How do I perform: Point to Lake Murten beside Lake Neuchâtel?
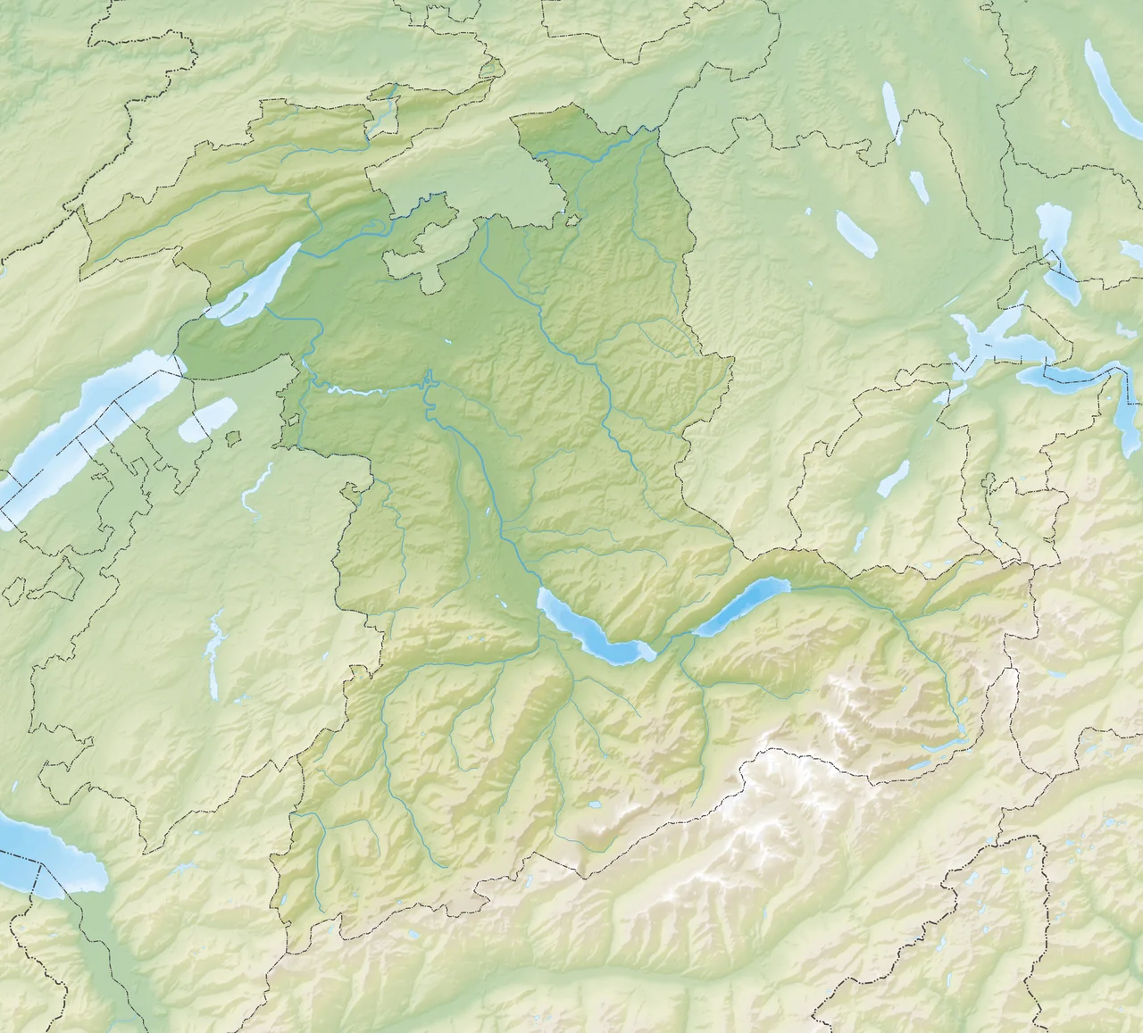click(x=207, y=419)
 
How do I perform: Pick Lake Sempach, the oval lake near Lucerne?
click(x=855, y=235)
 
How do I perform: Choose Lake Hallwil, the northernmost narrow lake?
click(x=891, y=112)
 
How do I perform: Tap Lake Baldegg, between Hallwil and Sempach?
click(x=918, y=187)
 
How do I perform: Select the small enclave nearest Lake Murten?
click(x=234, y=437)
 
